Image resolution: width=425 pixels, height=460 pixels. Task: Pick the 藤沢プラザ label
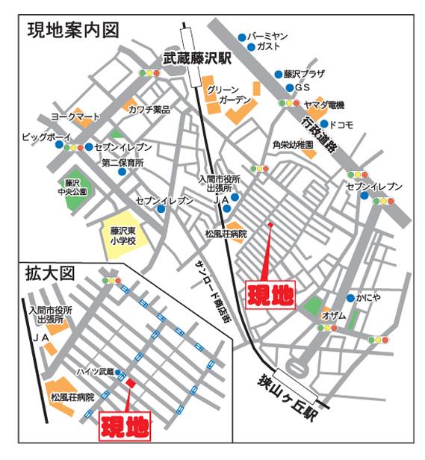[305, 75]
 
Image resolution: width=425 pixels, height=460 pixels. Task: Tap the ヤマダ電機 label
[323, 105]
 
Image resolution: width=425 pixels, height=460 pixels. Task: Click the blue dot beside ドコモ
[324, 123]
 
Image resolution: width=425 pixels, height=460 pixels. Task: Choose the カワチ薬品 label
[149, 110]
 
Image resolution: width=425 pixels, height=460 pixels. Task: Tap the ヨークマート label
[75, 117]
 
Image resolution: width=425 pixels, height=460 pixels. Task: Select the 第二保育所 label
[123, 162]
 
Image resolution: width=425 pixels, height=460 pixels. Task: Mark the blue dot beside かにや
[350, 298]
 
